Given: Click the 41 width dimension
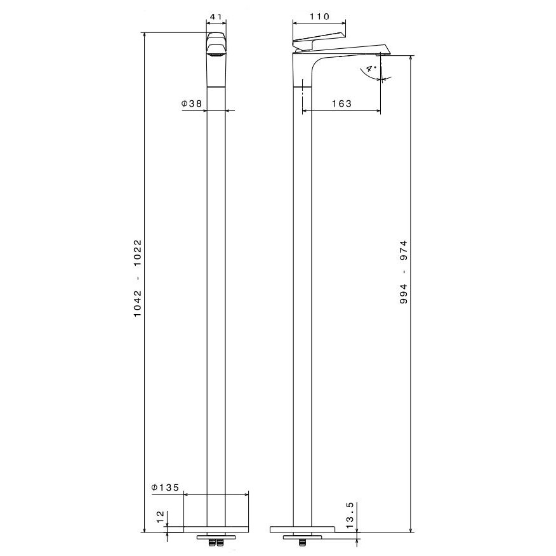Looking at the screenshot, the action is click(216, 17).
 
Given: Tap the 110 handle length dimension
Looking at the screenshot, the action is click(319, 17).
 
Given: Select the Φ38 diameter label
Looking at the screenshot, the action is click(192, 103).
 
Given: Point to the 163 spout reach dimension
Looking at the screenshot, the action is click(341, 103).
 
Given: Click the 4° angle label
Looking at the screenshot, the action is click(371, 68).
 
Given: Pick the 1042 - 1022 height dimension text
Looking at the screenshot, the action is click(138, 279).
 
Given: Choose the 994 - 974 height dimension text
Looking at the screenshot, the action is click(404, 272).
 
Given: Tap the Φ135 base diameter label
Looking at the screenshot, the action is click(165, 487).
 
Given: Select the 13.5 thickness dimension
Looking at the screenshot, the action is click(350, 515).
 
